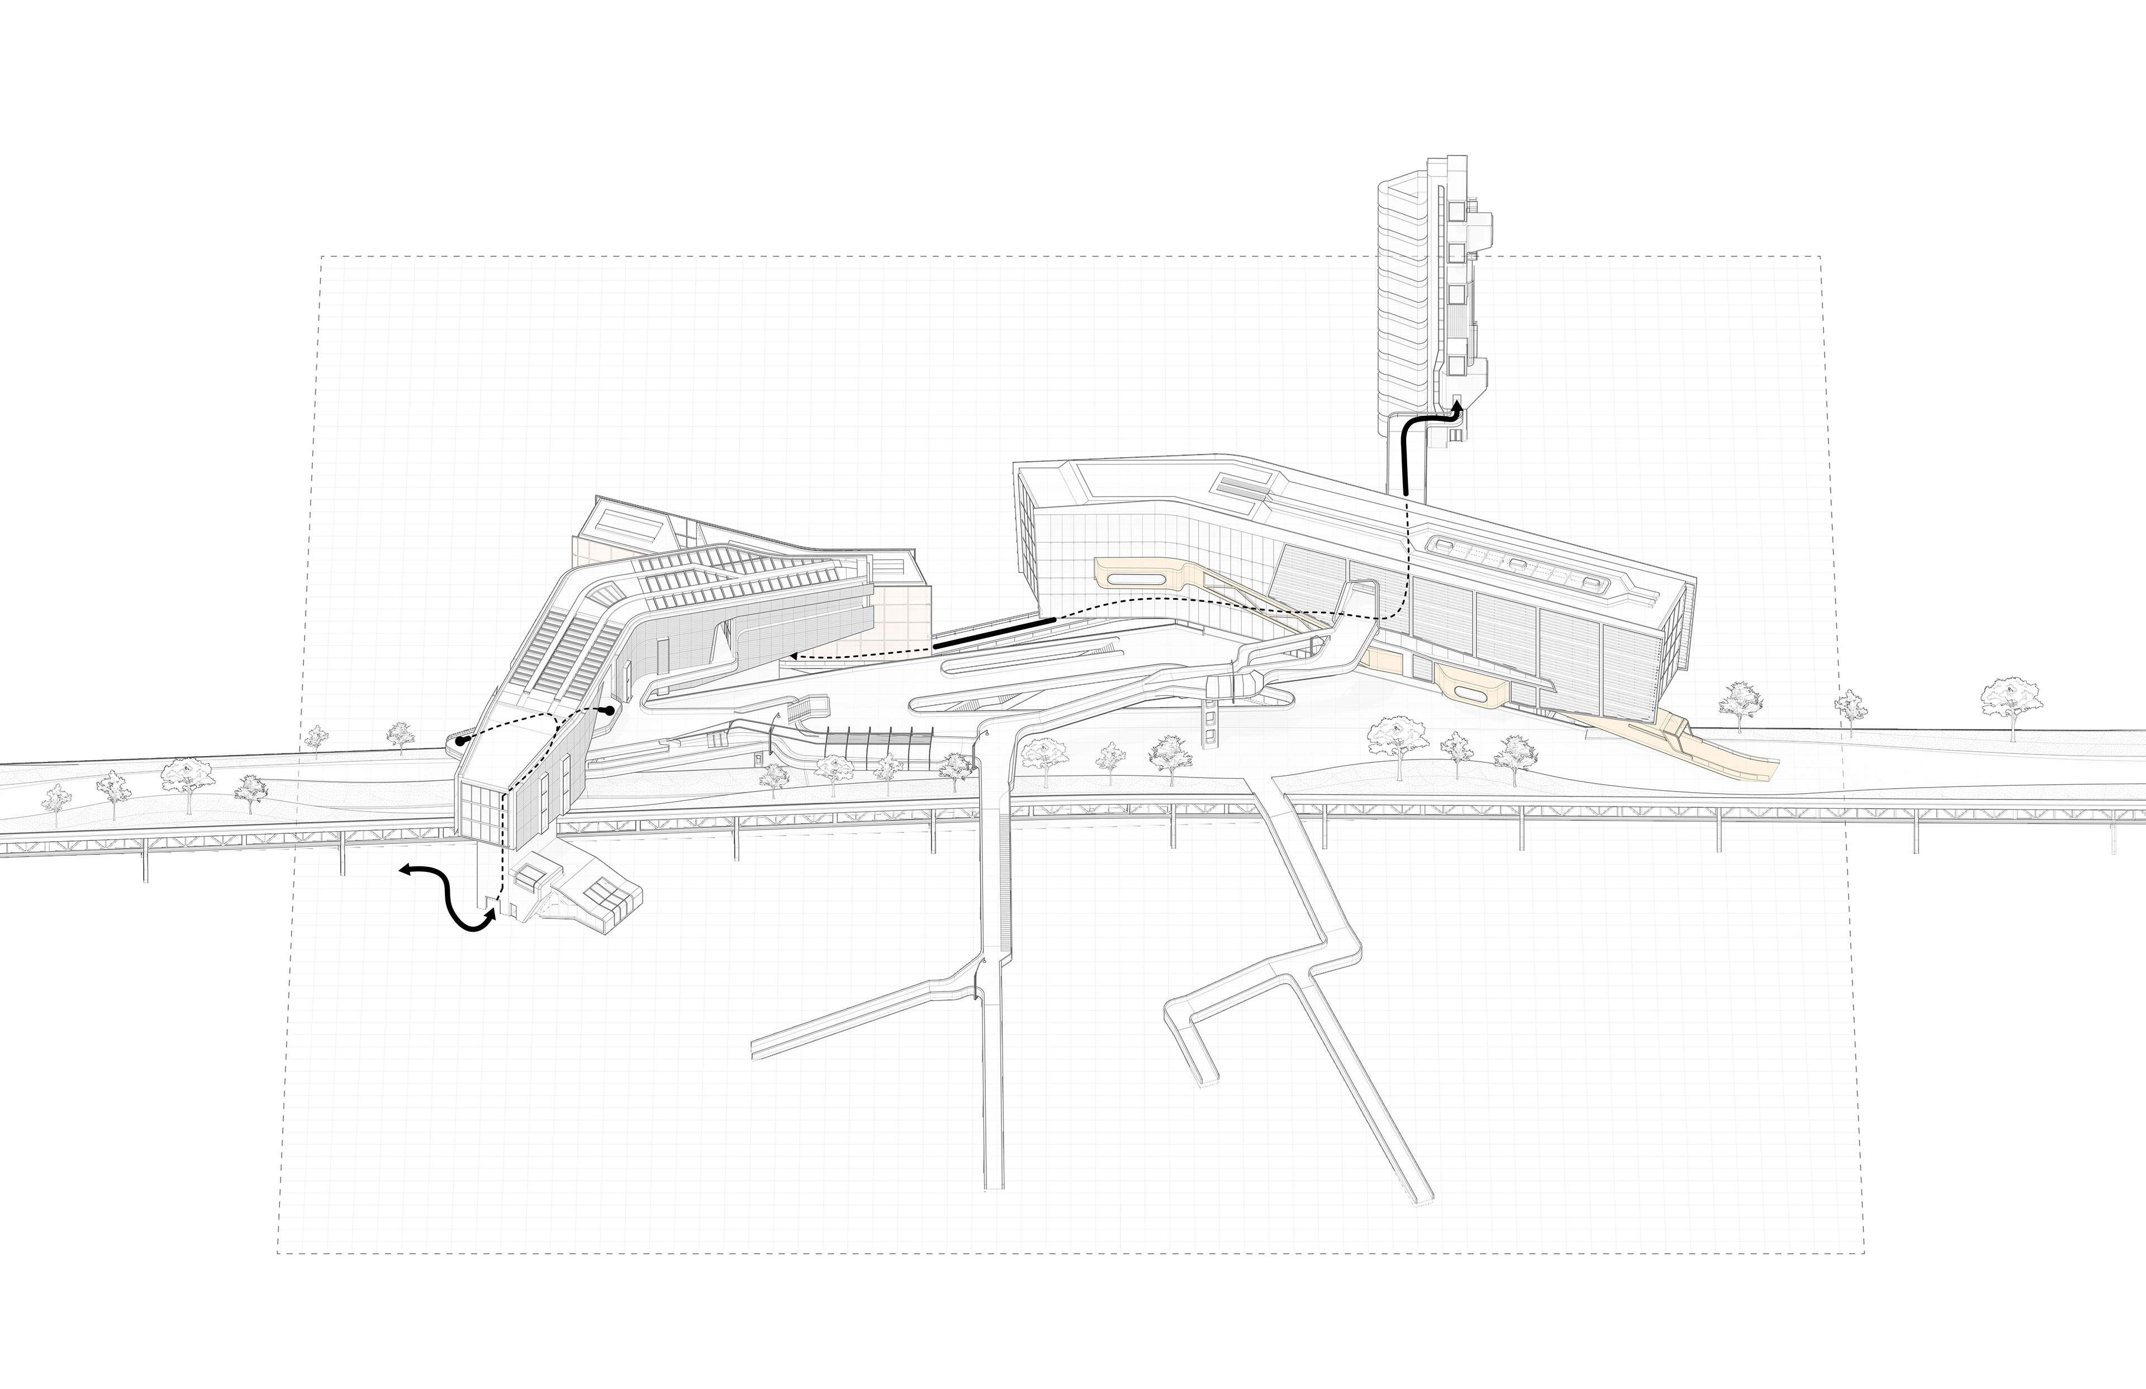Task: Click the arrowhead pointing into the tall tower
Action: (x=1455, y=410)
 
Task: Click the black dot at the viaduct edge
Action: (x=460, y=741)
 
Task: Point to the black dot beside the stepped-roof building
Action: (x=610, y=711)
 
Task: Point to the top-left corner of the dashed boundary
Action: (x=323, y=257)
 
